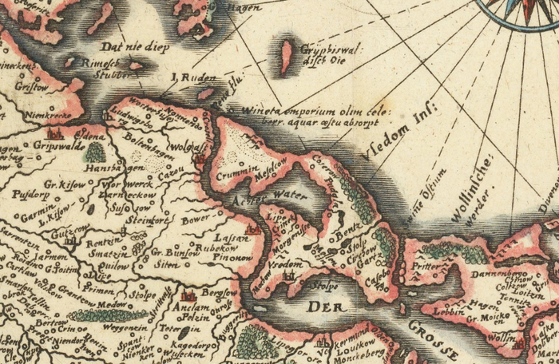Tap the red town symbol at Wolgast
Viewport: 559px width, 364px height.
tap(200, 158)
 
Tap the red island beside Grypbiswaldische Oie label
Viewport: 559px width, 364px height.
tap(285, 58)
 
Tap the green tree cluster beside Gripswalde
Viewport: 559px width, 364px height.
tap(95, 152)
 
